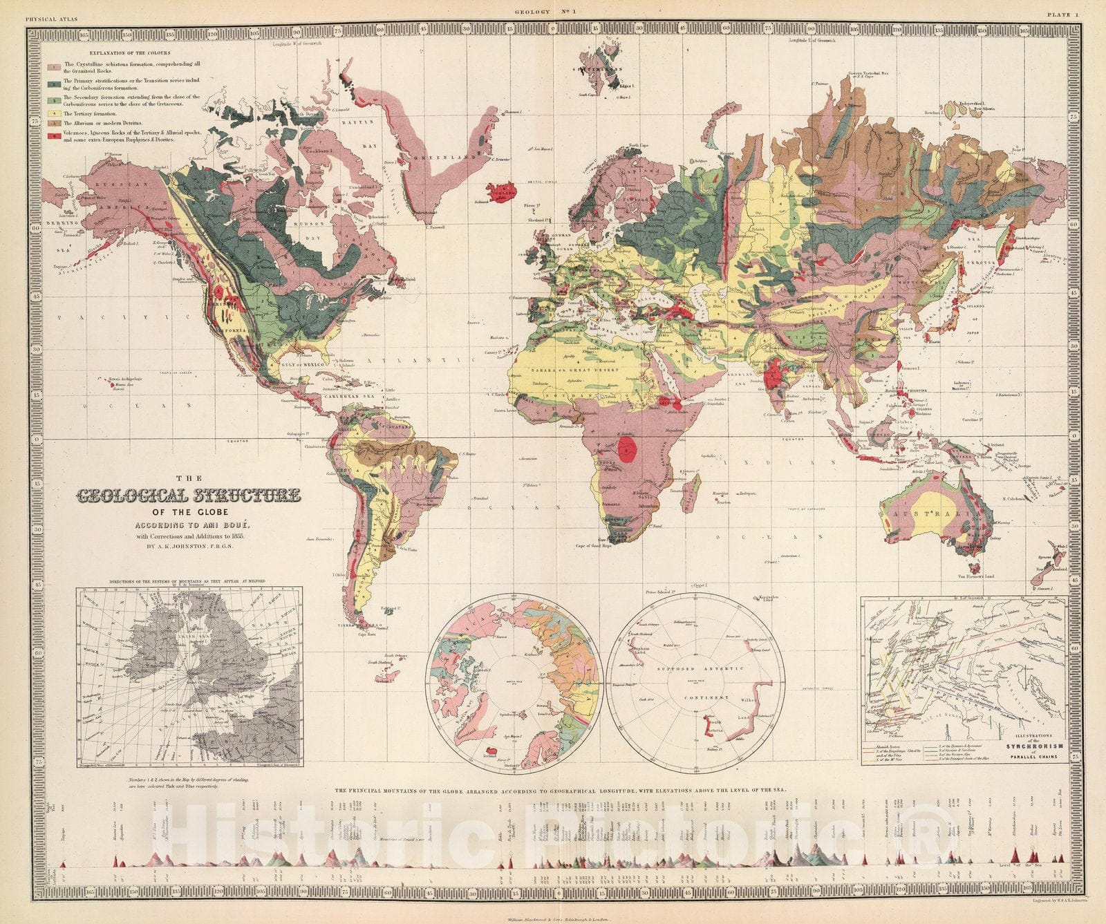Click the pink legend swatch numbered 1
tap(53, 67)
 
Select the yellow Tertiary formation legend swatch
tap(53, 113)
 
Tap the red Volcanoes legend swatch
tap(53, 135)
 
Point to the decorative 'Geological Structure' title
tap(188, 496)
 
